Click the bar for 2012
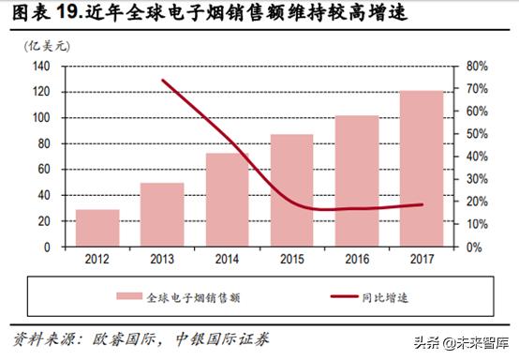97,228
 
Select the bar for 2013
162,215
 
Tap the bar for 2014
228,200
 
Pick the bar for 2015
292,190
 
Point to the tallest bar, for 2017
423,169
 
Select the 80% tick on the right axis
475,67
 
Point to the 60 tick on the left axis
42,170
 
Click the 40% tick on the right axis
475,157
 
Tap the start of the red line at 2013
162,81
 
